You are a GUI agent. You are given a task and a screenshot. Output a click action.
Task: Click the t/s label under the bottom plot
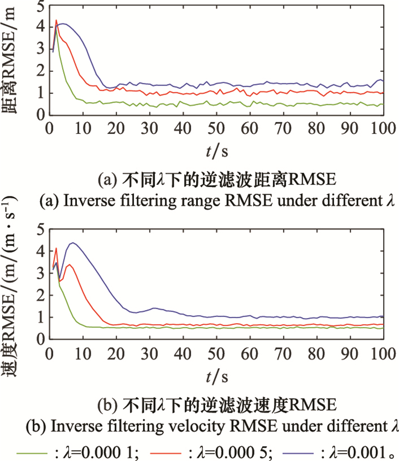coord(216,376)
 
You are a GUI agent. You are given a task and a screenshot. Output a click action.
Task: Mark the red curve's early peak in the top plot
coord(56,21)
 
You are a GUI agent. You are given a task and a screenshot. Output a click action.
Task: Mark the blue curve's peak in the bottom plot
coord(72,243)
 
